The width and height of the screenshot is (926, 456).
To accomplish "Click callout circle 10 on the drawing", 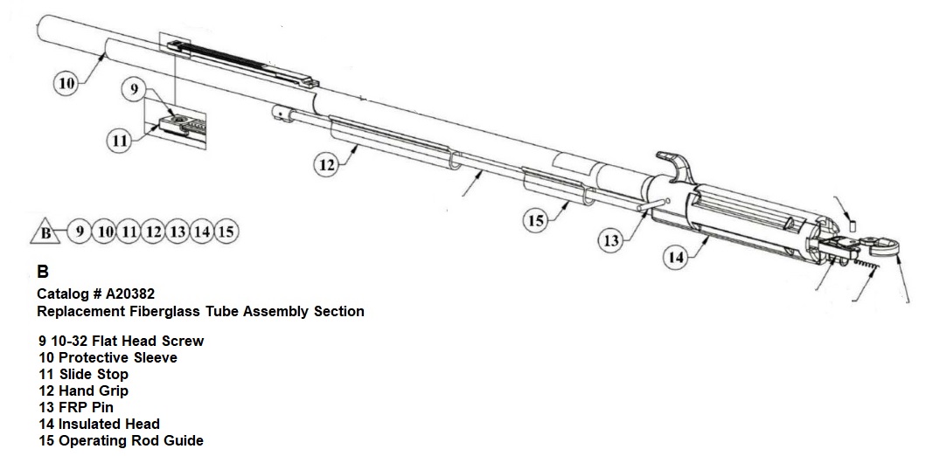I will [66, 84].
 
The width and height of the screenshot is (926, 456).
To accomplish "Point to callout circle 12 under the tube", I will [326, 166].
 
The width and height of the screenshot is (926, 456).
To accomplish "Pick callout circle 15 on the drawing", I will [536, 220].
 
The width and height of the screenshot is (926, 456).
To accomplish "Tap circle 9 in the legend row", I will [80, 231].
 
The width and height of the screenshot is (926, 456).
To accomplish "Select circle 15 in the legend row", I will [226, 231].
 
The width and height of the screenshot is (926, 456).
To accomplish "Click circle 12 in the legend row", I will [153, 231].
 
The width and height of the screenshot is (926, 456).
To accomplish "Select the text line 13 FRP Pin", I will [76, 407].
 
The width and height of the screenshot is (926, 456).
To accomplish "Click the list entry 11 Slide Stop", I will [84, 374].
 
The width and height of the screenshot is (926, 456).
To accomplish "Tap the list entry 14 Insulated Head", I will [99, 424].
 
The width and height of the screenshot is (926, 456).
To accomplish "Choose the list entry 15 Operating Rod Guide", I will [121, 440].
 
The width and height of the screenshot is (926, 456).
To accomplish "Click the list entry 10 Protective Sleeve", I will [108, 357].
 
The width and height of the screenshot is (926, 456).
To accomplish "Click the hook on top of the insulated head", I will [673, 163].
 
